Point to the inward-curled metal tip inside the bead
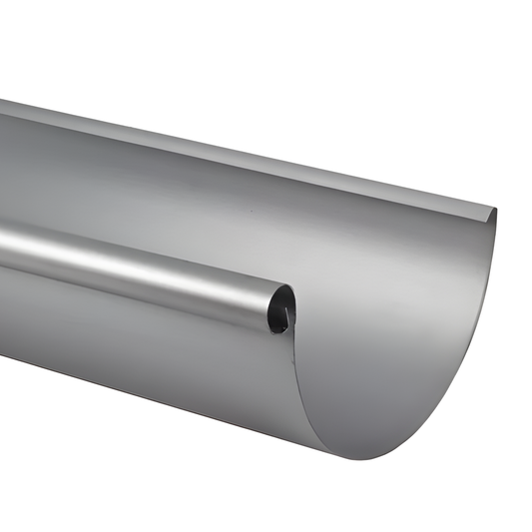point(286,317)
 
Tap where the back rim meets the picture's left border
point(2,105)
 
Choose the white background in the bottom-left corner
point(40,489)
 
